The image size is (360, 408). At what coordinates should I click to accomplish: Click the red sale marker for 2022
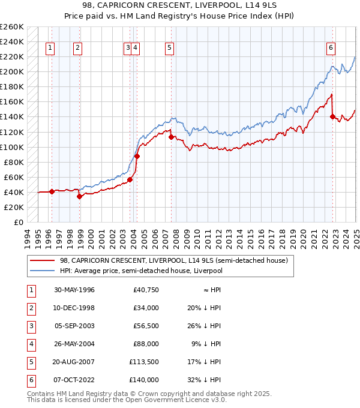(332, 116)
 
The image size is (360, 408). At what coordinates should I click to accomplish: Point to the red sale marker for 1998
(79, 196)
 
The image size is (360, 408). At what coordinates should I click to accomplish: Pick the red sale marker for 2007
(172, 137)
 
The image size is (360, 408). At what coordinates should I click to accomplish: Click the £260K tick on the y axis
(12, 27)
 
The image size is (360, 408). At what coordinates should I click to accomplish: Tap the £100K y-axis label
(12, 147)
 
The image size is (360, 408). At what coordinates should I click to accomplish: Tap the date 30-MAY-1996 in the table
(74, 290)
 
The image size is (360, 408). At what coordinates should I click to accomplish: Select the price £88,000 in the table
(146, 344)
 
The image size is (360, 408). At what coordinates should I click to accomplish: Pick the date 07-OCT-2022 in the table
(74, 380)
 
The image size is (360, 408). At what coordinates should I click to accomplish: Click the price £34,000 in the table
(146, 308)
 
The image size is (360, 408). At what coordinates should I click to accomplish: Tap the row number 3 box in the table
(30, 326)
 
